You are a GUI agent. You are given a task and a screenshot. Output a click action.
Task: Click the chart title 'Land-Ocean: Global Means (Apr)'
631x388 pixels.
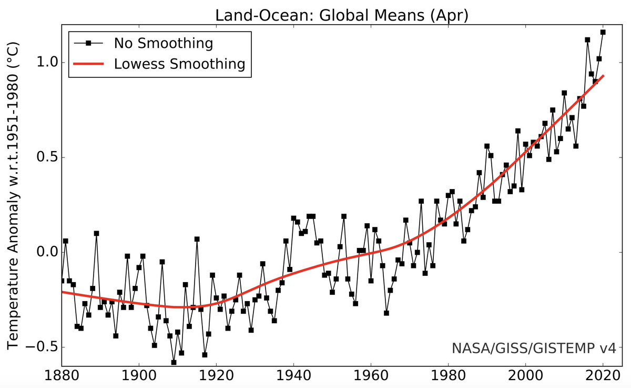342,16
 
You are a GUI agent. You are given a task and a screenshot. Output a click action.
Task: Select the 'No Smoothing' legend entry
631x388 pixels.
163,43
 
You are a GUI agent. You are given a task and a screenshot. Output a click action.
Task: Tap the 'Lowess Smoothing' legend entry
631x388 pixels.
179,64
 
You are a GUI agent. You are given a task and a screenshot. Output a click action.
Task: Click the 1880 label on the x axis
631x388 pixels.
62,377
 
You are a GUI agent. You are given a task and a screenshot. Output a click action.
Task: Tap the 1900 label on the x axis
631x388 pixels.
139,377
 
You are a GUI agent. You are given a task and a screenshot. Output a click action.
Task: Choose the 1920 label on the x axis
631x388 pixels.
216,377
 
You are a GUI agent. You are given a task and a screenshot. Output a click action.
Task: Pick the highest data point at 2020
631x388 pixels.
603,32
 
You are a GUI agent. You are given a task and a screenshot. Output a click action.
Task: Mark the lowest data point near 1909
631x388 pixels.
174,362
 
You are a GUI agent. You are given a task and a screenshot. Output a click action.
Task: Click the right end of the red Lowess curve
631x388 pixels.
603,76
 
